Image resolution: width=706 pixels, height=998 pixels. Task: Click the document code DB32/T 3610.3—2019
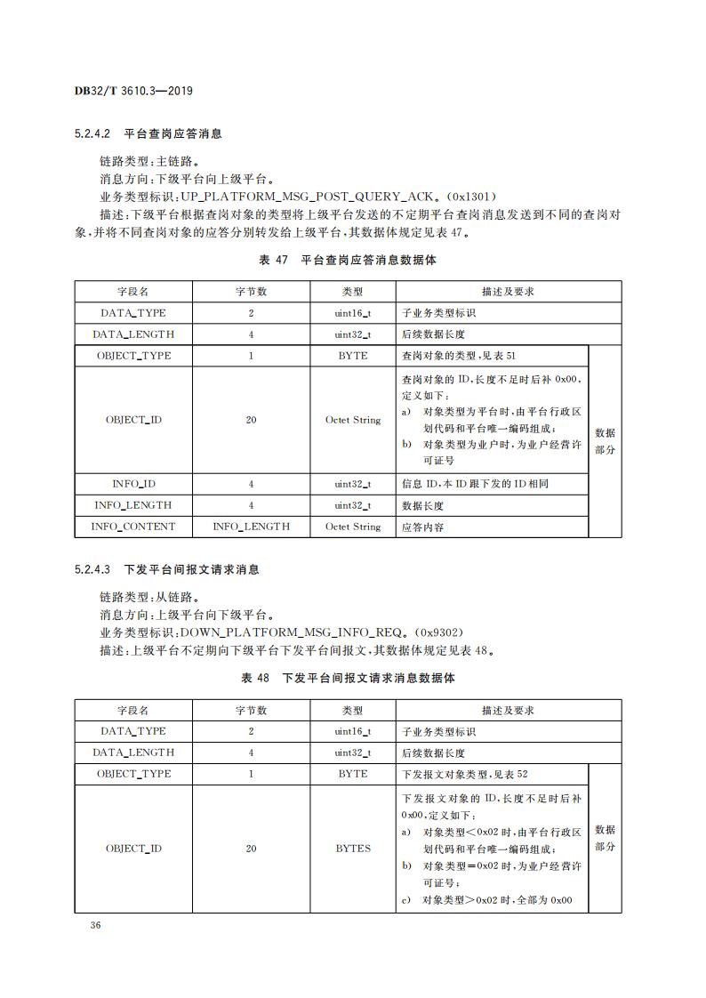tap(134, 91)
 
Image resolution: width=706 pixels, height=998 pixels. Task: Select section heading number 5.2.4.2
tap(92, 134)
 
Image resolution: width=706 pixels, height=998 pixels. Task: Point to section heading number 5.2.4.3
tap(92, 569)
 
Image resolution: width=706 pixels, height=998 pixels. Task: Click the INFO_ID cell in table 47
tap(133, 484)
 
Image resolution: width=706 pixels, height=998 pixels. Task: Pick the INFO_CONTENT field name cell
tap(133, 527)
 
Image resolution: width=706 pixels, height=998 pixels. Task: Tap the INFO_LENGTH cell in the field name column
tap(133, 505)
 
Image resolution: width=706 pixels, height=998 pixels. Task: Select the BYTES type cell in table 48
tap(353, 849)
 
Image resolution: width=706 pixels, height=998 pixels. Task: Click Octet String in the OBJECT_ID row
tap(353, 420)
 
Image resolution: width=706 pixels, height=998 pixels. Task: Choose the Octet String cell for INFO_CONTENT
tap(353, 527)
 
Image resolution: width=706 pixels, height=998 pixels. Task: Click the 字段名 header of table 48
tap(133, 711)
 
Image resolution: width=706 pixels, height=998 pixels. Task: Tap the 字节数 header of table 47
tap(251, 292)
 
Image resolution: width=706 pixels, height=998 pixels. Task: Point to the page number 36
tap(96, 926)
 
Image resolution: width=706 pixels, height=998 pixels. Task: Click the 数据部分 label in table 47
tap(605, 441)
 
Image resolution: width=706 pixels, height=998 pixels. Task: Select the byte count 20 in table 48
tap(251, 849)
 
